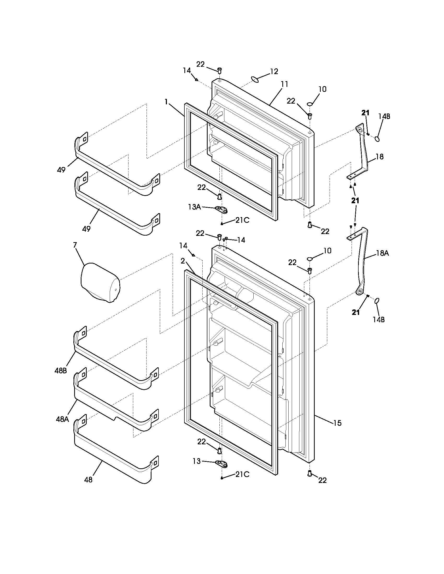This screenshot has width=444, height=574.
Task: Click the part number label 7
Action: [75, 245]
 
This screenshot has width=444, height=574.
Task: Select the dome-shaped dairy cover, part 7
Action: [100, 282]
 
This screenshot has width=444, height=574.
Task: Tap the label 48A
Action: [62, 419]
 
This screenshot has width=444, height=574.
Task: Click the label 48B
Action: [61, 371]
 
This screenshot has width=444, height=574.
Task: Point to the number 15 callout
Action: [337, 423]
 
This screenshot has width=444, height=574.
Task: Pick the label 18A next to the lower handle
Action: [382, 253]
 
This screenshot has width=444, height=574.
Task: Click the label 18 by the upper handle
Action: [379, 157]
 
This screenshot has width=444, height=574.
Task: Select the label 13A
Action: [194, 207]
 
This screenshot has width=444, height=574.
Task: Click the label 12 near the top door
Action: [274, 71]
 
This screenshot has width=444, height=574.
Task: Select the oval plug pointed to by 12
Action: [254, 79]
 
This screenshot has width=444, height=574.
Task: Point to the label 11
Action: [284, 84]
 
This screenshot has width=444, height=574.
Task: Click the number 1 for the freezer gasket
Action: [166, 102]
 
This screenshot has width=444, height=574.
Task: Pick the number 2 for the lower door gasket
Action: [183, 261]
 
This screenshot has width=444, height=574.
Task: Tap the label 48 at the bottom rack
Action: [88, 480]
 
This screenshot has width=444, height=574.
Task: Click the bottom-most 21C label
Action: [242, 474]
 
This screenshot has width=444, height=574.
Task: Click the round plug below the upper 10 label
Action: [310, 104]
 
